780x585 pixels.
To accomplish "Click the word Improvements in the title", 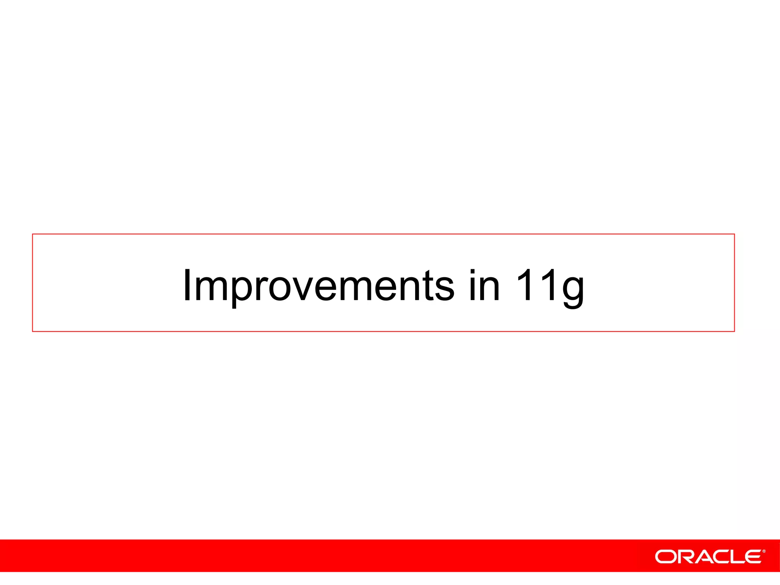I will pos(318,286).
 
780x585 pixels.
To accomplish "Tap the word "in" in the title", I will pos(484,286).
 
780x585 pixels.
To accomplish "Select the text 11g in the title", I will pos(550,286).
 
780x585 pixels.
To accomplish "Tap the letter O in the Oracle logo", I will pos(665,557).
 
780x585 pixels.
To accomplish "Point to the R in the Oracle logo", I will pos(685,557).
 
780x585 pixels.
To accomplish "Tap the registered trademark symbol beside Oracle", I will pos(764,551).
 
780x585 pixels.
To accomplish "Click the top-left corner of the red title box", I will pos(33,234).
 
